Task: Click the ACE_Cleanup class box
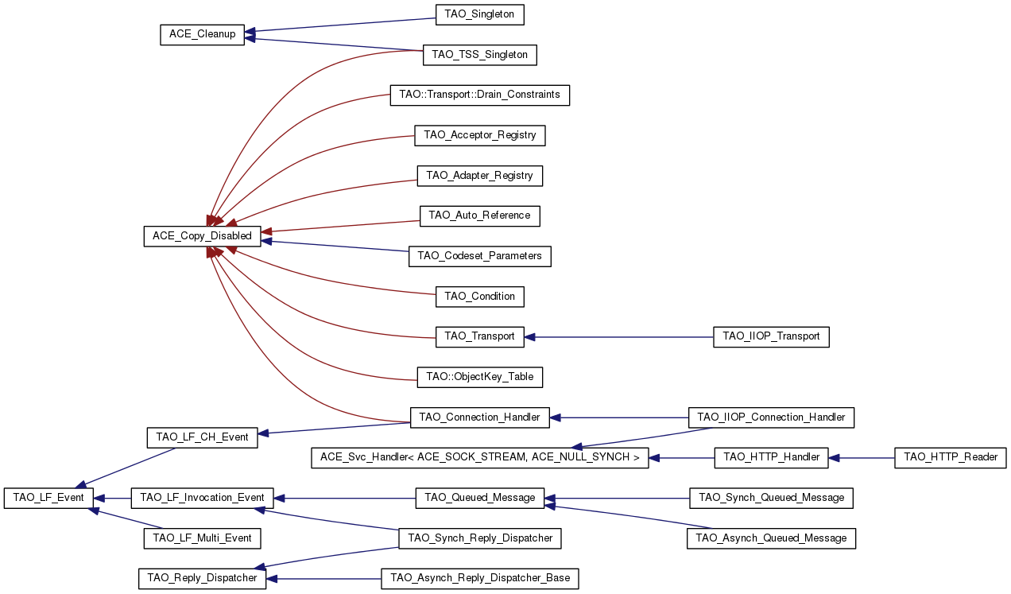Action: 202,35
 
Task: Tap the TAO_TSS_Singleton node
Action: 479,55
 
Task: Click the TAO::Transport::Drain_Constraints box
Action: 479,95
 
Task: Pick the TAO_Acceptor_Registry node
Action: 480,135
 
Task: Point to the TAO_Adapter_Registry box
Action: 479,176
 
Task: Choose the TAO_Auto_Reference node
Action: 479,215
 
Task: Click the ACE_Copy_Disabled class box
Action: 202,236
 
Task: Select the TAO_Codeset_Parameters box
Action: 479,256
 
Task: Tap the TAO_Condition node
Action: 479,297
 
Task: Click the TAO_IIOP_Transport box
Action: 771,336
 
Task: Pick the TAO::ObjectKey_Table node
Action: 479,377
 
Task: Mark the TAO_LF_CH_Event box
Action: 202,437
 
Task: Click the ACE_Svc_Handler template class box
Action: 479,457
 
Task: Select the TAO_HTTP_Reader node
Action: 951,457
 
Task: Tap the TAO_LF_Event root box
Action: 48,498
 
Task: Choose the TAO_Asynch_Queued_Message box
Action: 771,538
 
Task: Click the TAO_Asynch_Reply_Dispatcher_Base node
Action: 479,578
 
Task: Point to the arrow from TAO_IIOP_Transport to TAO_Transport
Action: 620,337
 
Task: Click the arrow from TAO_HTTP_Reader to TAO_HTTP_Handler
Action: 862,457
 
